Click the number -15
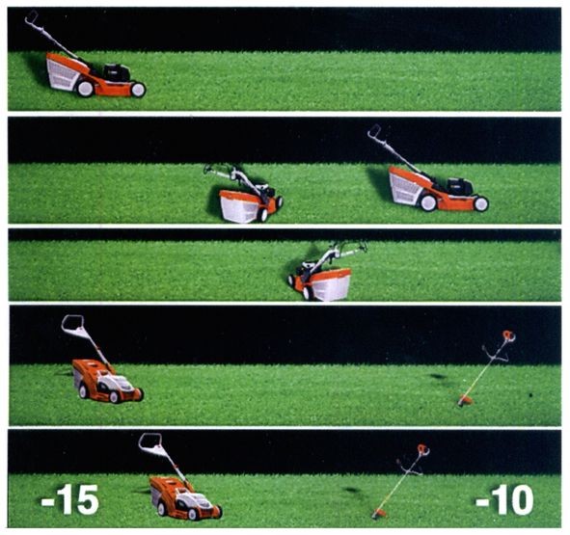pyautogui.click(x=69, y=499)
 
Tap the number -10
pyautogui.click(x=504, y=500)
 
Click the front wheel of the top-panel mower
pyautogui.click(x=138, y=90)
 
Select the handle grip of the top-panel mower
pyautogui.click(x=31, y=16)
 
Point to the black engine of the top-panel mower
pyautogui.click(x=117, y=72)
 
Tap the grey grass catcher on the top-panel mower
pyautogui.click(x=63, y=74)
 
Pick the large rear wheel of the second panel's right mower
pyautogui.click(x=428, y=202)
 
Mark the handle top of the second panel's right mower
pyautogui.click(x=373, y=131)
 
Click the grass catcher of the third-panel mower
pyautogui.click(x=332, y=284)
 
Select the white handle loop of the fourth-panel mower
pyautogui.click(x=73, y=325)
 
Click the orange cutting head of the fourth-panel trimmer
pyautogui.click(x=465, y=400)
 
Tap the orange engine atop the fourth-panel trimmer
pyautogui.click(x=509, y=335)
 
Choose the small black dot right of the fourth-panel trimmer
pyautogui.click(x=530, y=394)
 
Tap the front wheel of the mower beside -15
pyautogui.click(x=217, y=512)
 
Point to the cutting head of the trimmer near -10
pyautogui.click(x=379, y=514)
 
